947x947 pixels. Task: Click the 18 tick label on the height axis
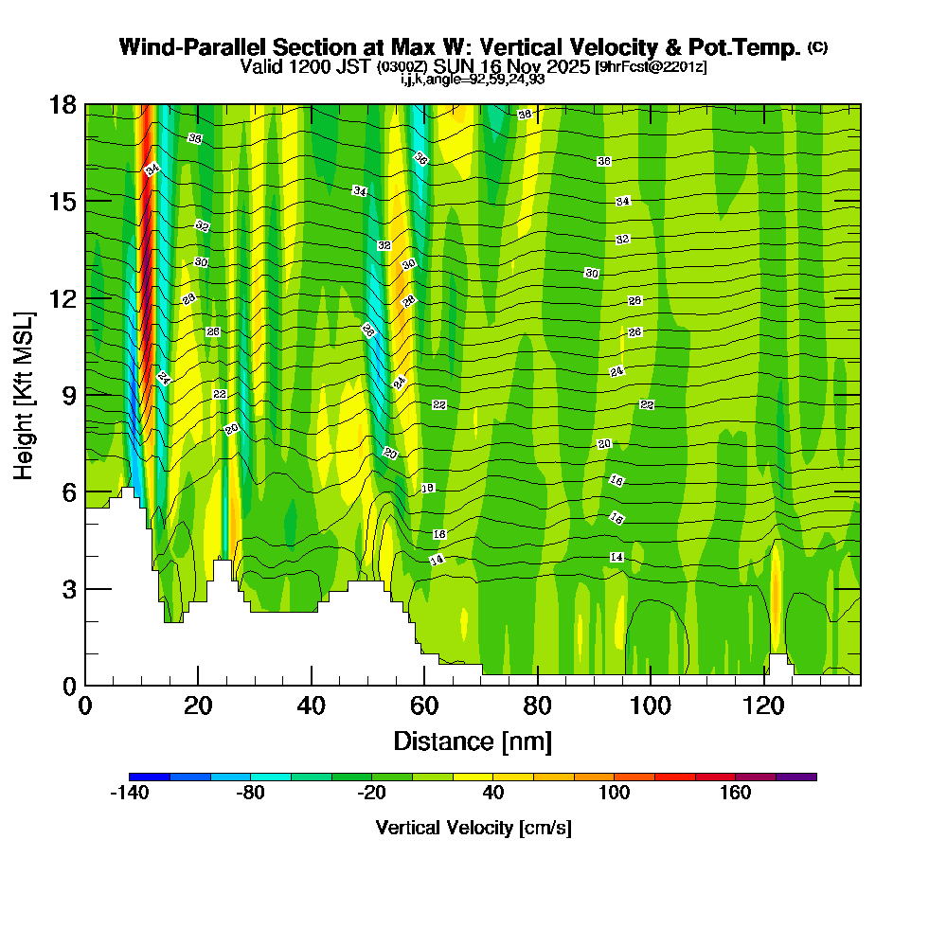tap(63, 104)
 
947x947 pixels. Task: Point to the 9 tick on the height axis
tap(85, 394)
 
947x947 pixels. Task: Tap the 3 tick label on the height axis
tap(68, 588)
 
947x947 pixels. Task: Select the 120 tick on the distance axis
tap(764, 685)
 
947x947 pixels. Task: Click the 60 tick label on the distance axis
tap(424, 706)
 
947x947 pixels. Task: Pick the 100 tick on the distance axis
tap(652, 685)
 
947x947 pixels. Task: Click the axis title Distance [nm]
tap(473, 740)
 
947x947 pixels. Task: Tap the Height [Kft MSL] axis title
tap(25, 394)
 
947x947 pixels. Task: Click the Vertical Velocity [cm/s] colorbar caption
tap(473, 828)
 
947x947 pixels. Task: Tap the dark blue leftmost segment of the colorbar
tap(150, 777)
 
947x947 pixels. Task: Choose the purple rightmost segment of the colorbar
tap(795, 777)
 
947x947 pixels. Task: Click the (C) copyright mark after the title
tap(817, 47)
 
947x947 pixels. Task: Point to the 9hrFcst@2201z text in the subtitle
tap(651, 67)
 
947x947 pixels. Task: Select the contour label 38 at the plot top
tap(524, 115)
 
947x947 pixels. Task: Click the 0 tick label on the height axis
tap(68, 685)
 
